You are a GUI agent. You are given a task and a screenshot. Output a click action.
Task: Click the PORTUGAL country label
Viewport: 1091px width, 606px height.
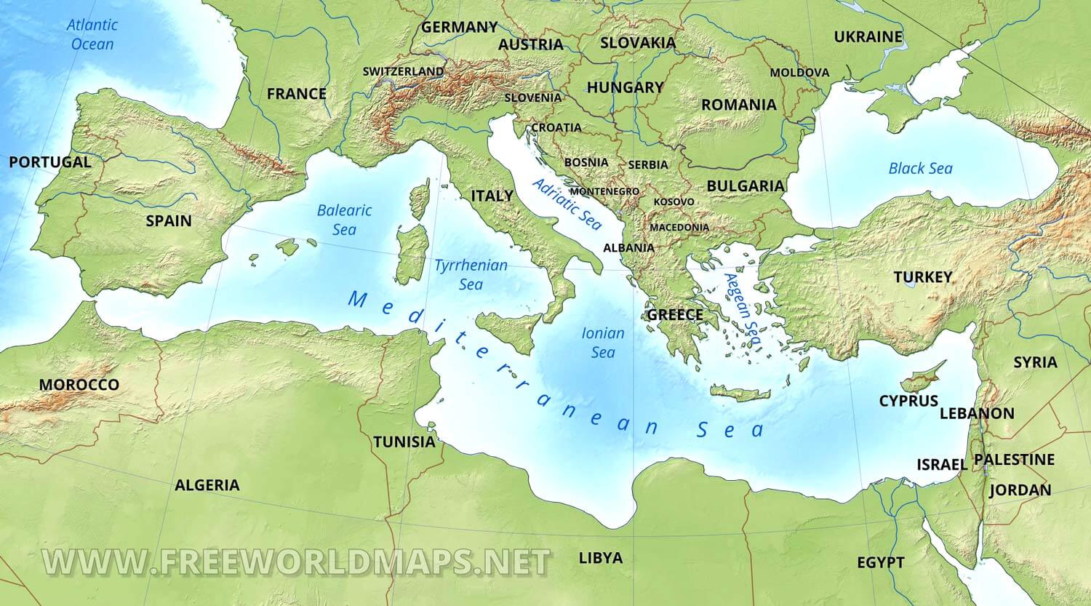(x=49, y=162)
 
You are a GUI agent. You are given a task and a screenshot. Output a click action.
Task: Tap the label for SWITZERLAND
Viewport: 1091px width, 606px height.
(x=403, y=71)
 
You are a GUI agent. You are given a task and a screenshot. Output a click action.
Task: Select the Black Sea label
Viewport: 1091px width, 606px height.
(x=920, y=169)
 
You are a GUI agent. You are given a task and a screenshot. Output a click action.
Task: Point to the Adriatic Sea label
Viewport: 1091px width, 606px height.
(x=567, y=204)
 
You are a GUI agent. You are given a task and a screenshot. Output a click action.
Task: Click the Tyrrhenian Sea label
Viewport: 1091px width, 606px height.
(x=471, y=274)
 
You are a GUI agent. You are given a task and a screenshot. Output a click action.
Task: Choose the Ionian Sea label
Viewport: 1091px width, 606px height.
(x=603, y=343)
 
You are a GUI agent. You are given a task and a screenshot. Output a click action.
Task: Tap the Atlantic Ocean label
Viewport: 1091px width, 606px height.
(x=92, y=34)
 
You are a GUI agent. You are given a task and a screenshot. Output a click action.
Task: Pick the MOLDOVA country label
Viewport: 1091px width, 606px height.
(x=799, y=73)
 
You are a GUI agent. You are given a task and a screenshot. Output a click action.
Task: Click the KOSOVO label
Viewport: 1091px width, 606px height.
(x=674, y=202)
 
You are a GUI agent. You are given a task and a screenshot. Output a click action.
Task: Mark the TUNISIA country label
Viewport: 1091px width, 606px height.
(x=404, y=442)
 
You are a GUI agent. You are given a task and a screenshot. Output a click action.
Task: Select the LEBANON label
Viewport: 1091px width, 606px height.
(x=977, y=413)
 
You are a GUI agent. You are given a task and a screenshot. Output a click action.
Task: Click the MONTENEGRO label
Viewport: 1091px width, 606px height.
(x=604, y=191)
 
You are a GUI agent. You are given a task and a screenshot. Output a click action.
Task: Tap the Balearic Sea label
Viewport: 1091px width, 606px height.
(x=344, y=220)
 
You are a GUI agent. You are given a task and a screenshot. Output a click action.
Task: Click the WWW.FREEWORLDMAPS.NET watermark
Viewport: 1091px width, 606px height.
(x=296, y=562)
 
